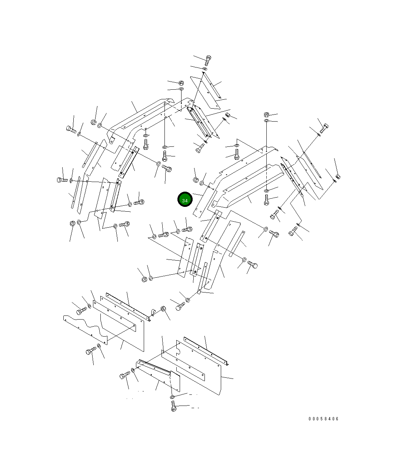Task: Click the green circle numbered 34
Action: (185, 199)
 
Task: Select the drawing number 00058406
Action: (323, 419)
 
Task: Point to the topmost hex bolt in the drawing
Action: (208, 60)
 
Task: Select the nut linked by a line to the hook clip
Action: (163, 309)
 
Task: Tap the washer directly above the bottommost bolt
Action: (173, 397)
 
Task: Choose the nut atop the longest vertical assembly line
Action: (267, 115)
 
